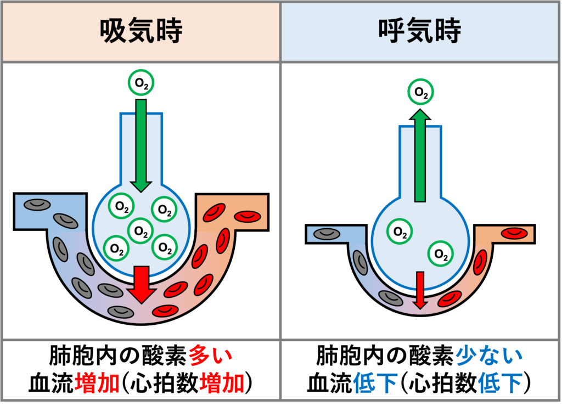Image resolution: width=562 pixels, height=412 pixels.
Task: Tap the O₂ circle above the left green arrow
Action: click(x=141, y=83)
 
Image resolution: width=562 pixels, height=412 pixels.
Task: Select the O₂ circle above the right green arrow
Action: click(x=421, y=93)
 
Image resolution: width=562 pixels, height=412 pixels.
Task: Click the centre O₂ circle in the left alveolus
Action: click(x=141, y=231)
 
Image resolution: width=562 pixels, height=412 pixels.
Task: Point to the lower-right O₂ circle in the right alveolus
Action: click(x=440, y=253)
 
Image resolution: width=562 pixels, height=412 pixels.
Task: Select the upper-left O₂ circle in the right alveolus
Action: click(x=400, y=232)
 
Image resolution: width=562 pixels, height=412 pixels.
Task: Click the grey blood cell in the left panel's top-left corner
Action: click(x=36, y=205)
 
